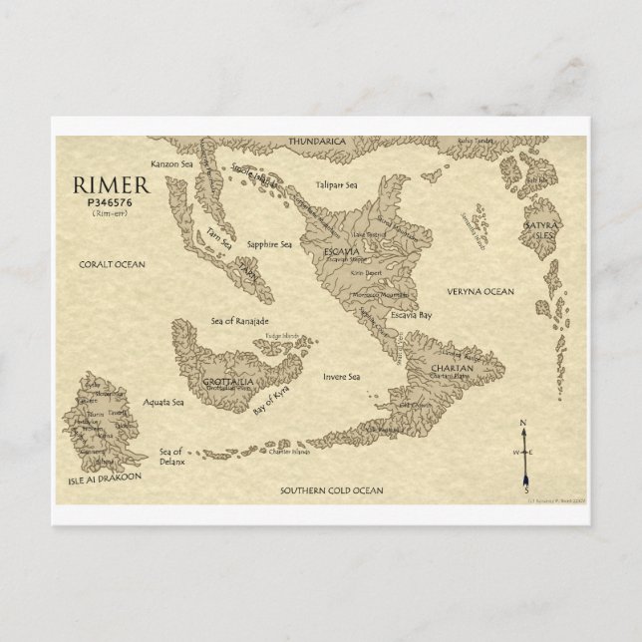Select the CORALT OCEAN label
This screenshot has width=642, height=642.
tap(112, 264)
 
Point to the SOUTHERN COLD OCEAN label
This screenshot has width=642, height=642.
tap(331, 490)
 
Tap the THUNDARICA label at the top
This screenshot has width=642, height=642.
tap(316, 143)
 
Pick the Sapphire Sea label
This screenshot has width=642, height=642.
tap(269, 243)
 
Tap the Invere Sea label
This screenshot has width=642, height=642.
tap(342, 377)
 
